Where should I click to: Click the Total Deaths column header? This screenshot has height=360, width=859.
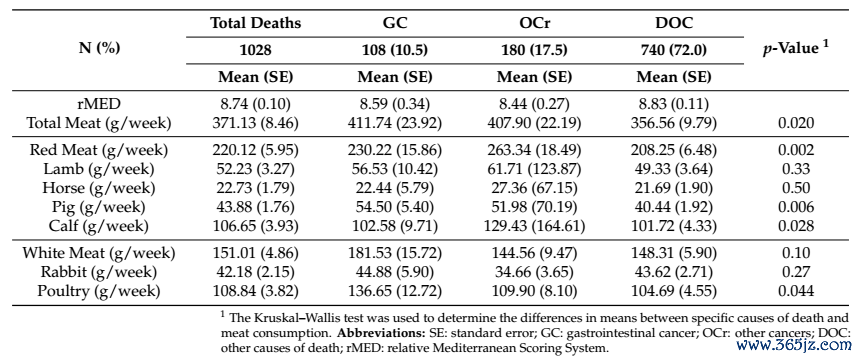click(x=256, y=24)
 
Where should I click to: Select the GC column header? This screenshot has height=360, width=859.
click(x=395, y=24)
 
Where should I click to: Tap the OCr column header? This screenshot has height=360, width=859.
click(x=534, y=24)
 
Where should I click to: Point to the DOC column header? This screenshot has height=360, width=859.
click(x=673, y=24)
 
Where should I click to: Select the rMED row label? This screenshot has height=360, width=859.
click(x=99, y=104)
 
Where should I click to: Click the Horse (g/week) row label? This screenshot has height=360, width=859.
click(x=99, y=188)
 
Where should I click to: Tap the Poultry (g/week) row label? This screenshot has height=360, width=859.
click(x=99, y=292)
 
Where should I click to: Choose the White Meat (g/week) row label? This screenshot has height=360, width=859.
click(x=99, y=253)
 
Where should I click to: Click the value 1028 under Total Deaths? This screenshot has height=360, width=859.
click(x=256, y=50)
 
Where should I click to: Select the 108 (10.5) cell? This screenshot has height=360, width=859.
click(x=395, y=50)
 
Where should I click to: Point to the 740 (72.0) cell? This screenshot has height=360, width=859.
click(x=673, y=50)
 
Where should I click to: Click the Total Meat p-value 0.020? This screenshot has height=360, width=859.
click(x=795, y=123)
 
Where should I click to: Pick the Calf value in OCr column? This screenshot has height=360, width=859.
click(x=534, y=226)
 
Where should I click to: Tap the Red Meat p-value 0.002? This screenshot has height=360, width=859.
click(x=795, y=150)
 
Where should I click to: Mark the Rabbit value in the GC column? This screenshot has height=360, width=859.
click(x=395, y=272)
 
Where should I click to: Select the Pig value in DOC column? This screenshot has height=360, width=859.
click(x=673, y=207)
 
